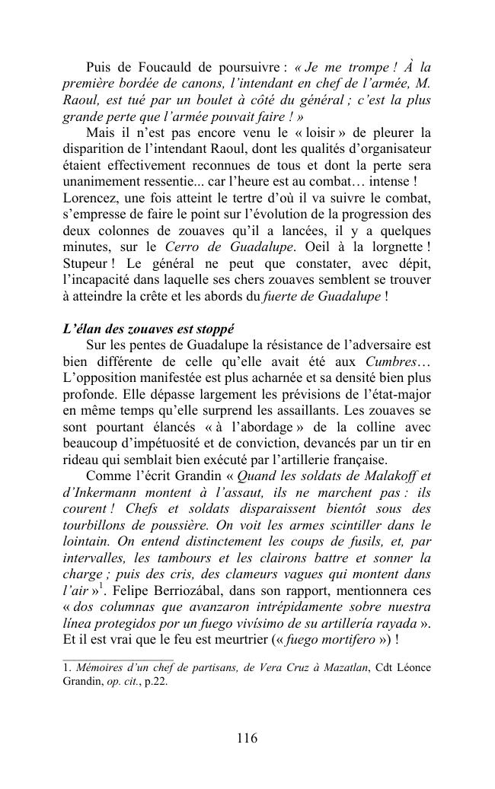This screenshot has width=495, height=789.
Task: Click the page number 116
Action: coord(247,738)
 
